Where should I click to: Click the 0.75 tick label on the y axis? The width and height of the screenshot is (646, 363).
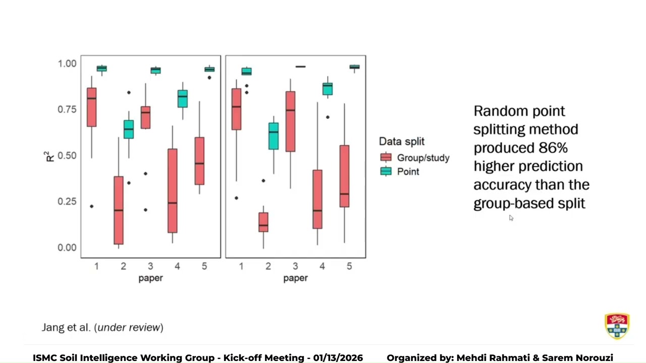click(67, 109)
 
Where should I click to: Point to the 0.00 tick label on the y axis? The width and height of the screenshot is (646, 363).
click(67, 247)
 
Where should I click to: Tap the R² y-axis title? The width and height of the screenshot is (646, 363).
click(49, 156)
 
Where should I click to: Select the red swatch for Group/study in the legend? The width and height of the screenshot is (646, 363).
click(386, 158)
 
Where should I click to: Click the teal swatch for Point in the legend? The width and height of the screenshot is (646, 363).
click(386, 171)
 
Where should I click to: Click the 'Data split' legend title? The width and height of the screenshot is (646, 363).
click(402, 142)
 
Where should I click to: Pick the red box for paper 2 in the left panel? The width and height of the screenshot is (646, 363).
click(119, 210)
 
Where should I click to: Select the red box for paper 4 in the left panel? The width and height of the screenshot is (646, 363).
click(172, 191)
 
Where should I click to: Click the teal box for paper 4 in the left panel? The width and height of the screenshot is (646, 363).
click(182, 99)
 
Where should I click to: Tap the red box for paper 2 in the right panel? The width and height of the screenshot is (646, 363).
click(263, 222)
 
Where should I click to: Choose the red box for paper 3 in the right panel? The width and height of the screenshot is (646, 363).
click(290, 122)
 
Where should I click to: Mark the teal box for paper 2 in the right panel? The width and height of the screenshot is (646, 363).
click(274, 136)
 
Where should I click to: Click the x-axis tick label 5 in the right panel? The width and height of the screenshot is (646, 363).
click(349, 266)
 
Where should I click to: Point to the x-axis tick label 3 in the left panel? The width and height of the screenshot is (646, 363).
click(150, 266)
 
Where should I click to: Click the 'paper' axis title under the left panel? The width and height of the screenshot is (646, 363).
click(150, 278)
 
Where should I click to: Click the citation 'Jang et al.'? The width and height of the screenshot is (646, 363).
click(66, 327)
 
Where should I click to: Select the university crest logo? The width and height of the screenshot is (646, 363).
click(617, 326)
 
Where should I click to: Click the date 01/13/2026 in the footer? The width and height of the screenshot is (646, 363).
click(338, 358)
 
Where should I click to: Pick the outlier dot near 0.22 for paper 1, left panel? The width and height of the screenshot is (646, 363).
click(91, 206)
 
